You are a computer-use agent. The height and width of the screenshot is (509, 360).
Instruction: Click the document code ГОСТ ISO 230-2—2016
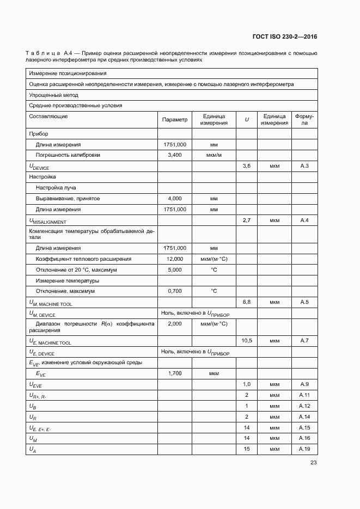click(285, 37)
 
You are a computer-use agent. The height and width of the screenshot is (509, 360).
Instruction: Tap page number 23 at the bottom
click(313, 463)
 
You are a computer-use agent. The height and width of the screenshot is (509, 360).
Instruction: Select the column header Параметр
click(175, 120)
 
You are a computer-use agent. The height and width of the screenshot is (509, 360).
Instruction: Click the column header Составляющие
click(48, 116)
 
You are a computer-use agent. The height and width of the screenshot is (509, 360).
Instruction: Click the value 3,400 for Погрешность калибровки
click(175, 155)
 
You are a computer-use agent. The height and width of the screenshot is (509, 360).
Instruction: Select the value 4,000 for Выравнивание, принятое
click(175, 199)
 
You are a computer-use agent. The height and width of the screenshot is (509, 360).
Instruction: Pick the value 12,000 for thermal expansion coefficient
click(175, 259)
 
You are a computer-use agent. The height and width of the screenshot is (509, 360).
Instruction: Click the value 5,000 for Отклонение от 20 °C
click(175, 269)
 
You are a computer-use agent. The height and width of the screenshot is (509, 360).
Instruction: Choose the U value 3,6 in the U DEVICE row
click(247, 165)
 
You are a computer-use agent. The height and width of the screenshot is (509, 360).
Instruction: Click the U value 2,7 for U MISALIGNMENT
click(247, 220)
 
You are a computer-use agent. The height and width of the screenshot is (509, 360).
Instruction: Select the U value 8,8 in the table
click(247, 302)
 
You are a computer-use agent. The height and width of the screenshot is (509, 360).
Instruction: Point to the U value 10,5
click(247, 340)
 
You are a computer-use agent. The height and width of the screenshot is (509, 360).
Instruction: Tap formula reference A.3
click(304, 165)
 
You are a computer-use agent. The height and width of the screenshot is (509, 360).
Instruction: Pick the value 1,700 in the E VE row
click(175, 373)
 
